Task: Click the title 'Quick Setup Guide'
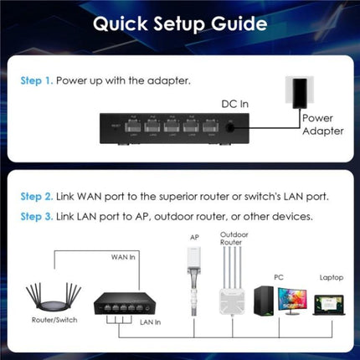(x=179, y=24)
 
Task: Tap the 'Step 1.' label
(x=38, y=82)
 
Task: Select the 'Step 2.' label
(x=38, y=197)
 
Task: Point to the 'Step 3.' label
(x=38, y=216)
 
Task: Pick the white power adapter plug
(x=299, y=93)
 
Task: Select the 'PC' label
(x=279, y=275)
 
